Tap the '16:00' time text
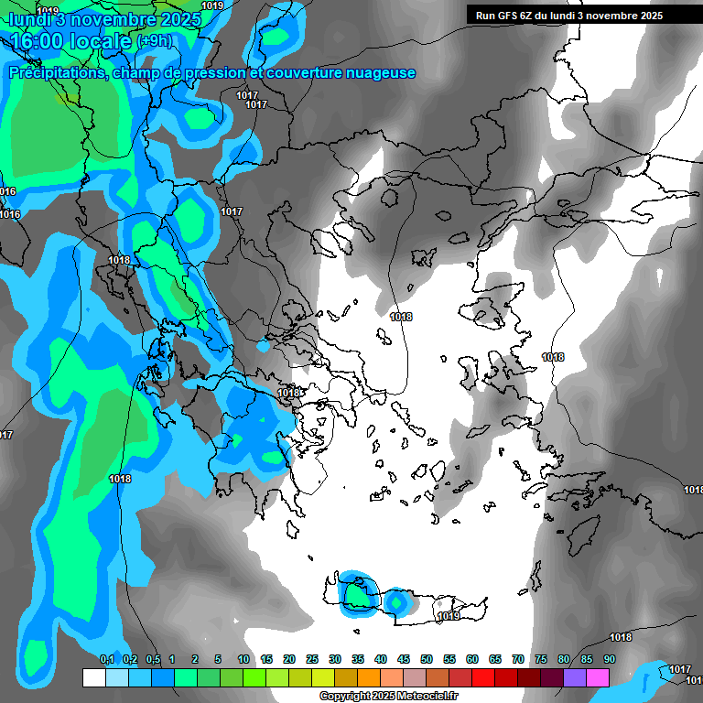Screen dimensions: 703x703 (36, 41)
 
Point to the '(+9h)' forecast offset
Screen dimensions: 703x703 (153, 41)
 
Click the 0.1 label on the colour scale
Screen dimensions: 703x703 (106, 659)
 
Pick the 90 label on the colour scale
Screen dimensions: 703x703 (609, 659)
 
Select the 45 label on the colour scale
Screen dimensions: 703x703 (404, 659)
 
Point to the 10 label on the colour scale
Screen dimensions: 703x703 (243, 659)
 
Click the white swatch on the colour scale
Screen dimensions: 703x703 (94, 678)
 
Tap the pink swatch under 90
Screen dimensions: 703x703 (598, 678)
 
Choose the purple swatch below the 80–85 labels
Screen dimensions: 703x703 (575, 678)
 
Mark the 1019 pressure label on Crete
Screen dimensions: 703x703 (449, 617)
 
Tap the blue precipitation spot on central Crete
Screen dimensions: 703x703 (396, 602)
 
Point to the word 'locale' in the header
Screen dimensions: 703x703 (101, 41)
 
